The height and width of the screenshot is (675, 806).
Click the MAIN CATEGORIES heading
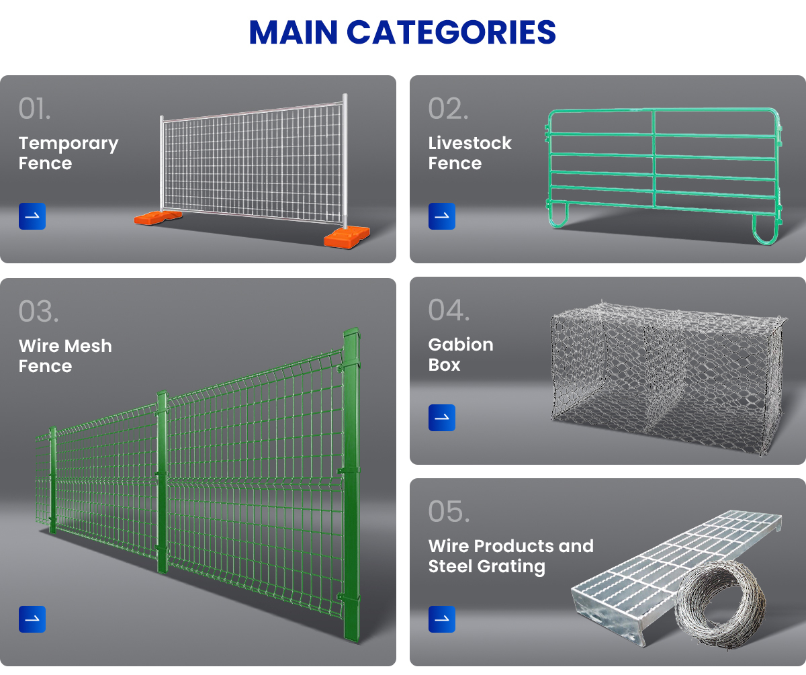pyautogui.click(x=402, y=32)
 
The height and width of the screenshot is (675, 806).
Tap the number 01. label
pyautogui.click(x=34, y=109)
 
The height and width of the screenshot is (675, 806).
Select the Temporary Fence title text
pyautogui.click(x=68, y=153)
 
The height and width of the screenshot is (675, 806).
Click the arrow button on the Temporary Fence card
pyautogui.click(x=32, y=216)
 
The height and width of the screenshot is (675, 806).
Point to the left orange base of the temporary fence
pyautogui.click(x=158, y=217)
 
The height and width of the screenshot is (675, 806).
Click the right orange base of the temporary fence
pyautogui.click(x=346, y=236)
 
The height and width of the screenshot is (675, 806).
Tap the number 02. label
pyautogui.click(x=448, y=109)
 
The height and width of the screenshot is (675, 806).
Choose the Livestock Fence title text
pyautogui.click(x=469, y=153)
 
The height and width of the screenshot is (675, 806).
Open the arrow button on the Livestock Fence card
pyautogui.click(x=442, y=216)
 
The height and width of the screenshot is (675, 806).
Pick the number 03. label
pyautogui.click(x=38, y=311)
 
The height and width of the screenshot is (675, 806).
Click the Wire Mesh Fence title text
pyautogui.click(x=65, y=356)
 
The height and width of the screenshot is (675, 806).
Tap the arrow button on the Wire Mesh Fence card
pyautogui.click(x=32, y=619)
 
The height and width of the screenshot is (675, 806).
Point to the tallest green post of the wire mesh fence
pyautogui.click(x=351, y=484)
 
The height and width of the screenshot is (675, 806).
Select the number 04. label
pyautogui.click(x=449, y=310)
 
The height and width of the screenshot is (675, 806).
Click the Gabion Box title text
pyautogui.click(x=461, y=355)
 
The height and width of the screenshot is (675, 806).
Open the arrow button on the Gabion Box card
pyautogui.click(x=442, y=418)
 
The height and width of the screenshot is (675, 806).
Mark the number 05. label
pyautogui.click(x=449, y=512)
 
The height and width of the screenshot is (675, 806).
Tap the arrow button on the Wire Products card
pyautogui.click(x=442, y=619)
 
